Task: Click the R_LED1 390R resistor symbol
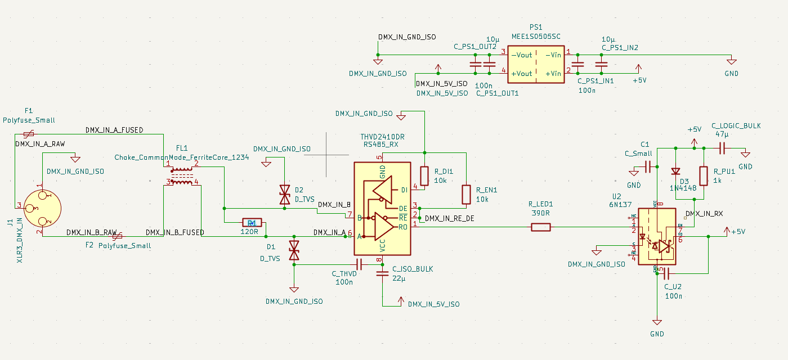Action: coord(541,227)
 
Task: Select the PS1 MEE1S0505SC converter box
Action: coord(536,64)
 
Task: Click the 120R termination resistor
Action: coord(252,222)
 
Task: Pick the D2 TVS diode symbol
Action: coord(284,195)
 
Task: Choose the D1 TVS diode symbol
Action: coord(293,250)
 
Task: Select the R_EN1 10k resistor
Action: coord(466,194)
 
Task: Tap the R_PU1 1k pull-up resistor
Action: coord(702,175)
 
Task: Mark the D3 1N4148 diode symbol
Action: coord(674,172)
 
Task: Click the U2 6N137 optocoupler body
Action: coord(657,236)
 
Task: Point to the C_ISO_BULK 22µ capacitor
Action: coord(382,274)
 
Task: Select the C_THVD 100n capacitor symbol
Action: coord(358,264)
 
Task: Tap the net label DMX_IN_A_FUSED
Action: coord(114,130)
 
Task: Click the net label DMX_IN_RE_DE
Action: coord(449,218)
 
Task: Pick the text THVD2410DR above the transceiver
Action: coord(383,137)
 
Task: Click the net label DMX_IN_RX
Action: coord(704,214)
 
